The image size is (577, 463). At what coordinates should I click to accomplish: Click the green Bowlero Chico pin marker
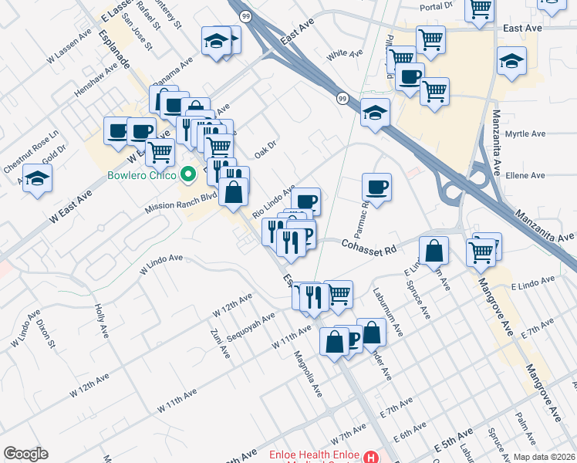pos(185,174)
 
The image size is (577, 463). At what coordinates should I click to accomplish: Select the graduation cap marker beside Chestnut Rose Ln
pos(37,180)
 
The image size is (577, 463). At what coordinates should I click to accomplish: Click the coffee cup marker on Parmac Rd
pos(376,188)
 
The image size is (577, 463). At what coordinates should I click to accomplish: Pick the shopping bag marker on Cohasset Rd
pos(434,251)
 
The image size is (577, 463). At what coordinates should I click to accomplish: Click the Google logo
pos(25,454)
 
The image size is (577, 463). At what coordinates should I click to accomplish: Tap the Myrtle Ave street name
pos(525,133)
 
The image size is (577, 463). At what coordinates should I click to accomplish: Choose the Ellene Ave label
pos(525,175)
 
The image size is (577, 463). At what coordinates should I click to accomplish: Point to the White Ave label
pos(344,55)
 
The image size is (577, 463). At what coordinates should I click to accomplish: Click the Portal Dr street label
pos(436,5)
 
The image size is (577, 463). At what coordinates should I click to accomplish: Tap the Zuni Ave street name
pos(218,343)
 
